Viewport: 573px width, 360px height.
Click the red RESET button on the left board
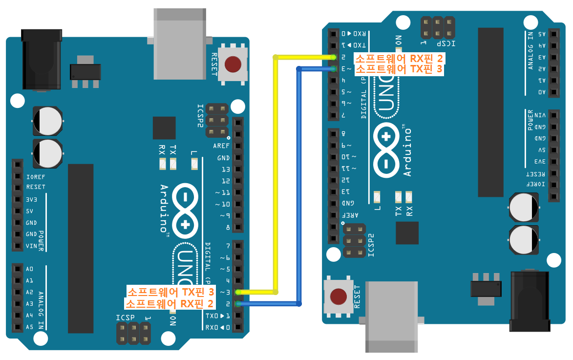233,64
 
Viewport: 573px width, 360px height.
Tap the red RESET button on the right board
338,296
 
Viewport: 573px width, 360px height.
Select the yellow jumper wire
276,171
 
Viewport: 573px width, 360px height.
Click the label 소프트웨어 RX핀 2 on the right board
398,58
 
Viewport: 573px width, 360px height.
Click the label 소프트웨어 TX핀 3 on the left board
171,292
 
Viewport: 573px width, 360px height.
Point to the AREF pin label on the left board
221,146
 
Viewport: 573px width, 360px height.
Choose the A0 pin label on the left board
30,269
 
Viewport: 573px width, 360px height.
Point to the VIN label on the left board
31,246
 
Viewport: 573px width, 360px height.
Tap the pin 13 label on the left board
225,169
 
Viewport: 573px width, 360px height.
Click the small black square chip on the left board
164,128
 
